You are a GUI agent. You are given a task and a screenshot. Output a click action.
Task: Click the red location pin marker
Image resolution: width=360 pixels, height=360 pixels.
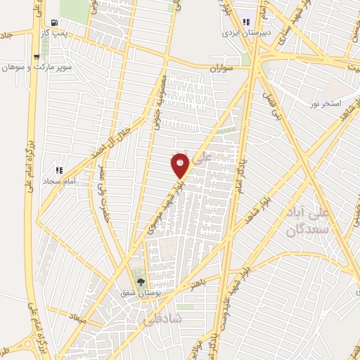coord(180,165)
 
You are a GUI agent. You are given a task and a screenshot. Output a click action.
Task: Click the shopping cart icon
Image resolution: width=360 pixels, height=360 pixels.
coord(37,57)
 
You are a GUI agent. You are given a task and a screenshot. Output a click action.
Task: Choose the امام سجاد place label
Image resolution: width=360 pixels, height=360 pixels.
coord(59,181)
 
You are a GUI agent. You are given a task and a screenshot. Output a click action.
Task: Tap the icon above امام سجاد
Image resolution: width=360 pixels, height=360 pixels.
coord(59,169)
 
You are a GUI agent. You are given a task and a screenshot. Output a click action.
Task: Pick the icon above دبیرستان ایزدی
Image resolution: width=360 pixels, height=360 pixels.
coord(245,22)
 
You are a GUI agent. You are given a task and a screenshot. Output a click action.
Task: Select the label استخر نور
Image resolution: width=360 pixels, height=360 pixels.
coord(326,104)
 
